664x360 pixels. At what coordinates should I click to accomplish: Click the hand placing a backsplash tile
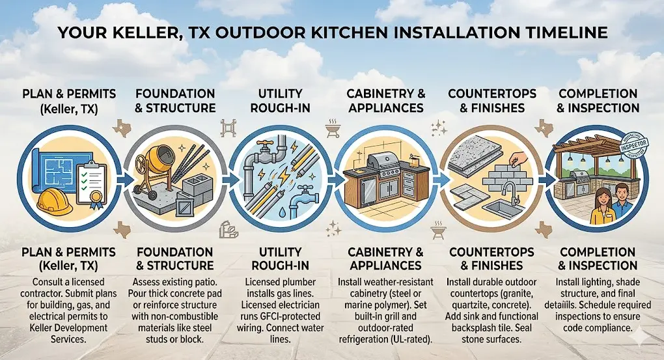518,159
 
